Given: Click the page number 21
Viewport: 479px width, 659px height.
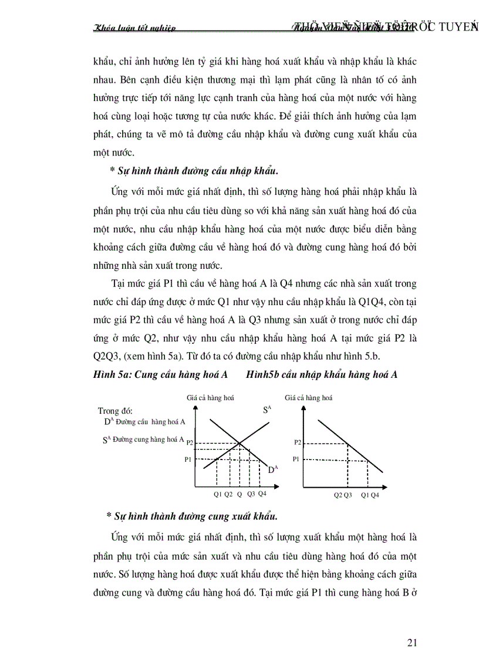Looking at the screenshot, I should tap(411, 643).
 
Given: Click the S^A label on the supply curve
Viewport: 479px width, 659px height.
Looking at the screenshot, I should tap(267, 410).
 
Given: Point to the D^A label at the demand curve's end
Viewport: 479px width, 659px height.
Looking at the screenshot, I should tap(272, 469).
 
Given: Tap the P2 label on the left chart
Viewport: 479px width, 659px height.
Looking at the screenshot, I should tap(189, 445).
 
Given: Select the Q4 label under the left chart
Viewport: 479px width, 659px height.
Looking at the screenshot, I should tap(262, 494).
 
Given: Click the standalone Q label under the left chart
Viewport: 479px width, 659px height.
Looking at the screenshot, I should tap(239, 494).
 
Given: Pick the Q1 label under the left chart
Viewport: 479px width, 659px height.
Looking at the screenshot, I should tap(218, 494).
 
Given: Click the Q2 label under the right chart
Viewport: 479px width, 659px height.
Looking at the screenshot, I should tap(338, 495).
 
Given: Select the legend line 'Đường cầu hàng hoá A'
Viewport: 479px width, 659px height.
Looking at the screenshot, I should tap(145, 421).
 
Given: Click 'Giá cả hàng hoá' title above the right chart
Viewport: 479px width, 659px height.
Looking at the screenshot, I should tap(308, 397).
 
